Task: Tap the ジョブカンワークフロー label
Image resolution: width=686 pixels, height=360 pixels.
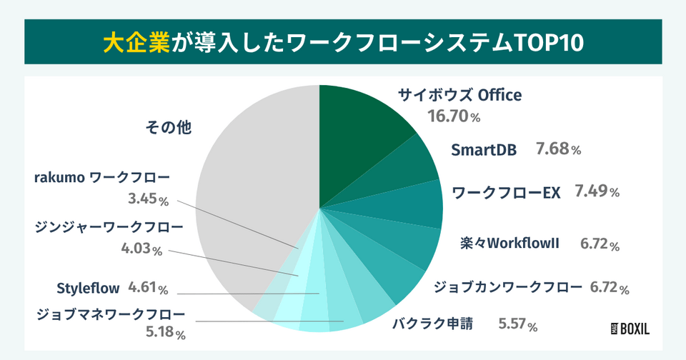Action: click(508, 288)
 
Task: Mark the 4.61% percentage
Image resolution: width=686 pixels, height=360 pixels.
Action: click(148, 289)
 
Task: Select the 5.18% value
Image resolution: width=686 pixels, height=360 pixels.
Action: click(165, 332)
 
